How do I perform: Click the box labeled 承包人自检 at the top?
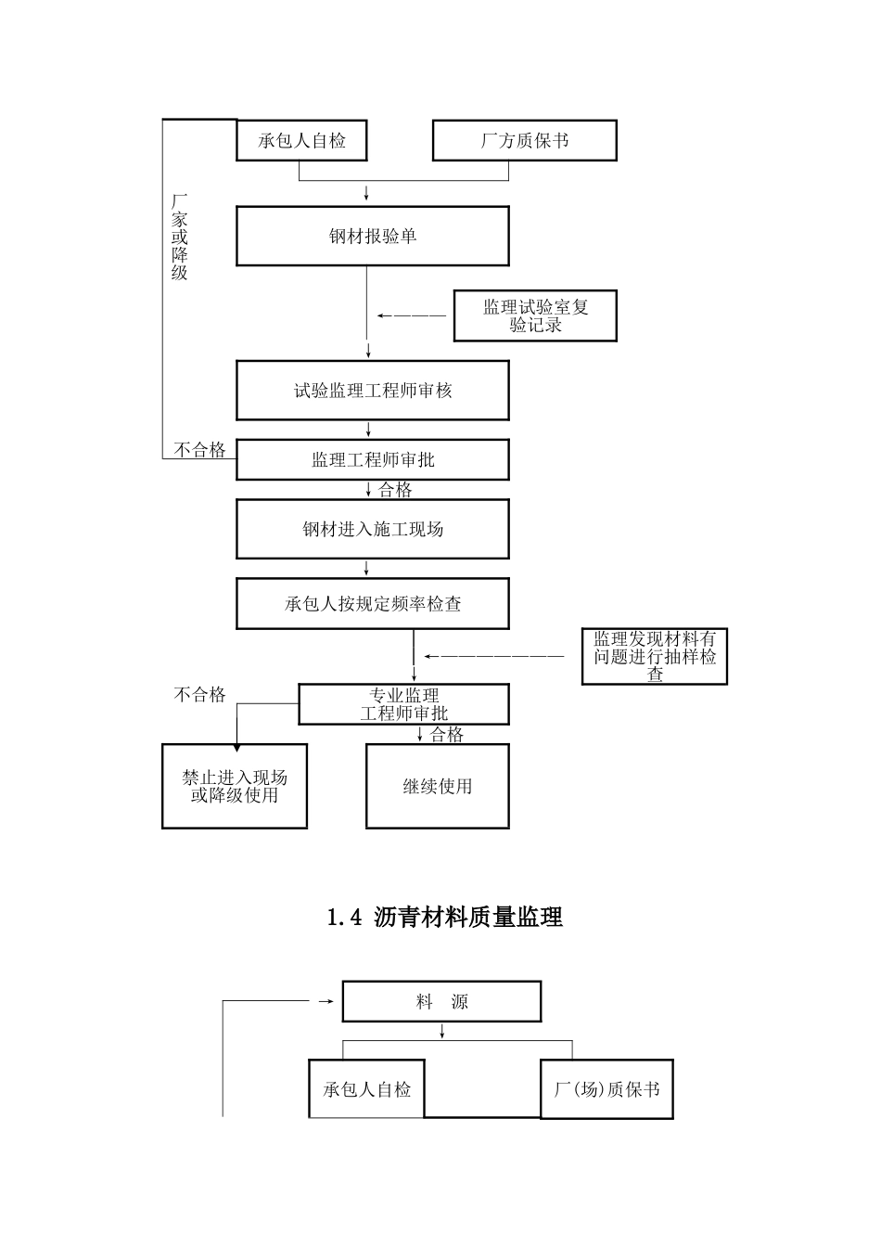click(301, 141)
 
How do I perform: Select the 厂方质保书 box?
click(524, 141)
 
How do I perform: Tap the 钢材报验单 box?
click(372, 237)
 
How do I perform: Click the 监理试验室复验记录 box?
click(535, 315)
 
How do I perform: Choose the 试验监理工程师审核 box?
click(372, 391)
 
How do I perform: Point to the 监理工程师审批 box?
click(372, 459)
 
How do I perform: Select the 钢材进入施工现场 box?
click(372, 529)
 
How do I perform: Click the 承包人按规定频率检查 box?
click(372, 604)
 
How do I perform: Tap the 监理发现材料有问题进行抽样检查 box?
click(654, 657)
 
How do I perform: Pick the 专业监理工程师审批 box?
click(403, 704)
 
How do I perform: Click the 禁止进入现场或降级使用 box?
click(234, 786)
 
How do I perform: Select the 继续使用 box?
click(437, 786)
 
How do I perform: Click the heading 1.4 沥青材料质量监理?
click(445, 918)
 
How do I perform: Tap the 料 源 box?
click(441, 1002)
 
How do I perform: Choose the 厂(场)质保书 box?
click(606, 1089)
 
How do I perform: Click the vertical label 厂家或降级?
click(179, 237)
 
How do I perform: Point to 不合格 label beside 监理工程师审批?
click(200, 450)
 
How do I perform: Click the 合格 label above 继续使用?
click(446, 734)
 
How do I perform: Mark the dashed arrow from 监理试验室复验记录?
click(411, 315)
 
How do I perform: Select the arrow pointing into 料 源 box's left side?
click(325, 1002)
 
